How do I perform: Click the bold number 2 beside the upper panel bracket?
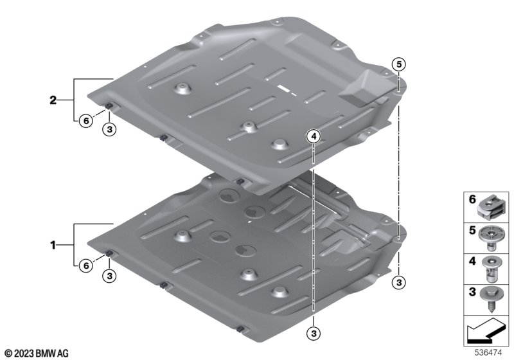(53, 100)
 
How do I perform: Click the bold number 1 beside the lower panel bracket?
(53, 245)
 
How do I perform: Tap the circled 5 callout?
(398, 64)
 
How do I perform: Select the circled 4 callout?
(314, 136)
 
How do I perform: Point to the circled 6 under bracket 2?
(86, 121)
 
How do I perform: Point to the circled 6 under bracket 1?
(86, 265)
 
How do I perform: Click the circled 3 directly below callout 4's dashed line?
(314, 334)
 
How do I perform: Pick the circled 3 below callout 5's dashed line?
(398, 282)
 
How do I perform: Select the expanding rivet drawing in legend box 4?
(492, 269)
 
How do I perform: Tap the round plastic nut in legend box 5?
(491, 238)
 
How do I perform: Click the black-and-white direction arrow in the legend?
(486, 331)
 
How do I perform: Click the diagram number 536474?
(488, 353)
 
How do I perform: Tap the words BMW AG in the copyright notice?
(52, 354)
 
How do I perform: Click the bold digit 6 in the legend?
(472, 199)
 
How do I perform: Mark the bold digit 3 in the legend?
(472, 291)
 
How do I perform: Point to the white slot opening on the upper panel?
(284, 88)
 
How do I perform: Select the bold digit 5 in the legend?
(472, 230)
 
